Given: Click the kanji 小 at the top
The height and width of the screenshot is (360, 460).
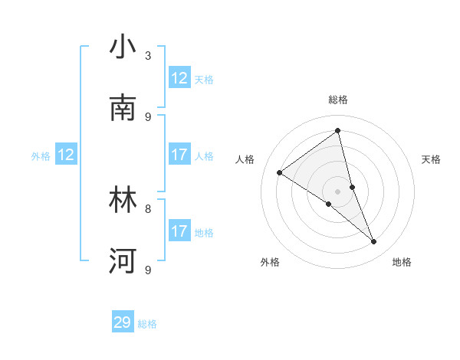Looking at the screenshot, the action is [x=123, y=48].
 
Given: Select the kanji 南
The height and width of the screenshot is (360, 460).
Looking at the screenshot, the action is [x=123, y=108].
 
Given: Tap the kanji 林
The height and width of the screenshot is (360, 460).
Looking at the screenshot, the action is [x=123, y=200].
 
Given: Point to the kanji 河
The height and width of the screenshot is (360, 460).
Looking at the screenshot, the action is [x=123, y=260].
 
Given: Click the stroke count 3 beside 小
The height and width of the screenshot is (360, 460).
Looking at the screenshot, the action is [x=148, y=56].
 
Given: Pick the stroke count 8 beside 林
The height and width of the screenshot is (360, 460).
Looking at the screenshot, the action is [x=148, y=208].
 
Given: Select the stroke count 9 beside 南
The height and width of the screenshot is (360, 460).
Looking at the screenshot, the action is [x=148, y=116].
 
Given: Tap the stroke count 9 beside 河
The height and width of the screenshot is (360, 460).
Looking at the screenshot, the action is [x=148, y=269].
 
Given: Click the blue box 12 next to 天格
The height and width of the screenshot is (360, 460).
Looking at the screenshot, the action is [x=179, y=78].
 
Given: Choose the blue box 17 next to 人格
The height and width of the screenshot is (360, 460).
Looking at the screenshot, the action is [x=179, y=155].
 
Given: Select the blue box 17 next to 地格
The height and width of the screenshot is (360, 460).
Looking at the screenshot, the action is [x=179, y=231].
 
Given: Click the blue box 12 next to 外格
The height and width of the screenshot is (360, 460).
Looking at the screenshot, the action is [x=66, y=155].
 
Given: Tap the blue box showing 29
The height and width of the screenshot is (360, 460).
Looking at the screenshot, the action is [x=123, y=322].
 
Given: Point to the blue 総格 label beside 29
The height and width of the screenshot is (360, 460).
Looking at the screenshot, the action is [x=147, y=324].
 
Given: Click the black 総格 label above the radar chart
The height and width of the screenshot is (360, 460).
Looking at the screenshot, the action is [x=338, y=100].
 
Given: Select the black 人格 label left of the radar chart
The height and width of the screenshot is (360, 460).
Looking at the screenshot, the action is [x=245, y=159].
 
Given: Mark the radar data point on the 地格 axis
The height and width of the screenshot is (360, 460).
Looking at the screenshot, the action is [x=374, y=241].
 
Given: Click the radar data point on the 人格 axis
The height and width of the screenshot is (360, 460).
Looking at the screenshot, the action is [x=279, y=172].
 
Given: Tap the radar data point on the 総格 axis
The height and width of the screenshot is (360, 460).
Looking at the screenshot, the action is [x=337, y=130].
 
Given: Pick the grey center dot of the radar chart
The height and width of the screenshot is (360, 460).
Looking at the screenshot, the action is [x=337, y=191].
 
